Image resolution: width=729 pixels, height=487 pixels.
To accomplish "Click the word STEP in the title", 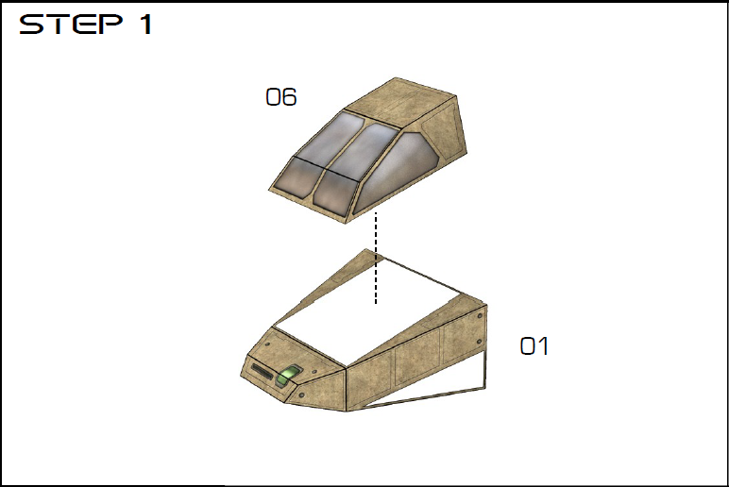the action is [x=71, y=24].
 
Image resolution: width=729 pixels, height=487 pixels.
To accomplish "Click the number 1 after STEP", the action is [x=146, y=25].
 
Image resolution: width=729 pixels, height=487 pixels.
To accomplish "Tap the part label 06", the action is [x=280, y=96].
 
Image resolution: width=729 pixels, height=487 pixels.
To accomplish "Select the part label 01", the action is [x=534, y=346].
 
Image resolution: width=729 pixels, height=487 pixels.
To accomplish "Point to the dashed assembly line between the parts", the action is [x=376, y=258].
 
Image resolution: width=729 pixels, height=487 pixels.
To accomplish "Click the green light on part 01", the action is [x=288, y=375].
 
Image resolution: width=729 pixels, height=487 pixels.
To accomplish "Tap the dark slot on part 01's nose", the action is [x=264, y=373].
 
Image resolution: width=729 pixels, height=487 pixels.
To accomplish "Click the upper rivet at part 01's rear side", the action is [x=480, y=316].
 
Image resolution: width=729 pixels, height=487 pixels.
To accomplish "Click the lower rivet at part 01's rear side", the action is [x=480, y=343].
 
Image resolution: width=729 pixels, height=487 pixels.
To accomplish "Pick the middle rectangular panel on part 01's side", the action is [x=417, y=360].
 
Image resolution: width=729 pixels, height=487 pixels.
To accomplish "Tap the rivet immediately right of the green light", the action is [x=314, y=372].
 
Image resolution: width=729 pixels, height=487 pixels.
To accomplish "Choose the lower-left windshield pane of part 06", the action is [x=297, y=179].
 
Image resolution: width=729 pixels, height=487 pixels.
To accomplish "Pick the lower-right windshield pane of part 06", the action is [x=335, y=192].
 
